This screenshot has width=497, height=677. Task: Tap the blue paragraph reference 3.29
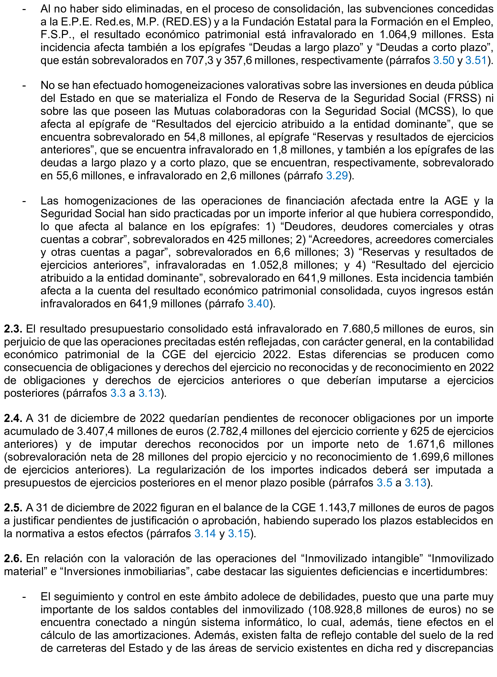pyautogui.click(x=337, y=175)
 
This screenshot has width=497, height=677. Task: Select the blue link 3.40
pyautogui.click(x=258, y=303)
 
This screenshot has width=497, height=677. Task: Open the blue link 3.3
pyautogui.click(x=118, y=393)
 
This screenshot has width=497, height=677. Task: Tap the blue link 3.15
pyautogui.click(x=239, y=534)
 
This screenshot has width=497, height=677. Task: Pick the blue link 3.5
pyautogui.click(x=384, y=483)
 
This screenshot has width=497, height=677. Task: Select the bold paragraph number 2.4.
pyautogui.click(x=13, y=419)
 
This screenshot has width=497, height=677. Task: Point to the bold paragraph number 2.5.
pyautogui.click(x=13, y=508)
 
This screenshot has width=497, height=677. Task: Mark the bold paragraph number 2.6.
pyautogui.click(x=13, y=559)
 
